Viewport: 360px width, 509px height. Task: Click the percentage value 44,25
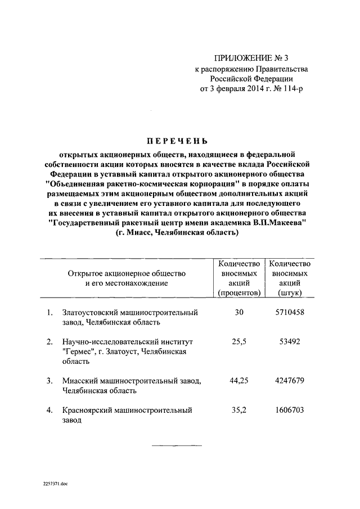239,381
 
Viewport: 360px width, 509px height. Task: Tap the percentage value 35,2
239,410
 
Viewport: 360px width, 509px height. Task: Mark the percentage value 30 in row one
239,312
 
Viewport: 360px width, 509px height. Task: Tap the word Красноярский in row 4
88,410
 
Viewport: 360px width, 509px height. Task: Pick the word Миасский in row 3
79,381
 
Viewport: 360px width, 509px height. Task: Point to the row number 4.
49,410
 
